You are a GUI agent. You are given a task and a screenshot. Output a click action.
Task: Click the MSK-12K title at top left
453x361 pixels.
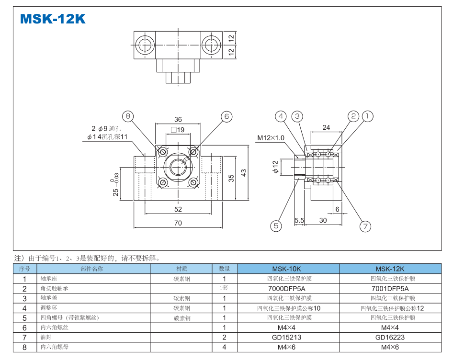coord(53,19)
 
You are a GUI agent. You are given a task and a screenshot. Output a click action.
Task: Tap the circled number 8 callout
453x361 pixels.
coord(128,116)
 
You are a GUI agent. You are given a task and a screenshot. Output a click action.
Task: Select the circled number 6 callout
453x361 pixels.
coord(226,116)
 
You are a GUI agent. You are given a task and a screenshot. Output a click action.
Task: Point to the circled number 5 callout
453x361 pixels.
coord(281,116)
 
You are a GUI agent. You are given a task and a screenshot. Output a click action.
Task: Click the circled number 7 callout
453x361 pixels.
coord(275,226)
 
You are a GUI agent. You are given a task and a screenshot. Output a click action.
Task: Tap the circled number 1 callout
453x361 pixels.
coord(367,116)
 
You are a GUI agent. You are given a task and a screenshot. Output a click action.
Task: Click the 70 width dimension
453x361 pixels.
coord(178,223)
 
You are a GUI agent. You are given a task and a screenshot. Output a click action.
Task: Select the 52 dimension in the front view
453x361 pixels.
coord(178,209)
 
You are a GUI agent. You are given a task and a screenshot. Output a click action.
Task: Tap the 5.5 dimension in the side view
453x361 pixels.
coord(299,220)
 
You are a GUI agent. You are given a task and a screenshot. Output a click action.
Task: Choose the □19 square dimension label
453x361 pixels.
coord(177,130)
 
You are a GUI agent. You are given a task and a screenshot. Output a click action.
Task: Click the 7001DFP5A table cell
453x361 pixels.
coord(390,288)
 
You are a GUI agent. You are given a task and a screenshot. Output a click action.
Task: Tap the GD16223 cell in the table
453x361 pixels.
coord(390,337)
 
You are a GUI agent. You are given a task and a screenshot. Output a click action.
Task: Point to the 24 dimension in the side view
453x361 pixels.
coord(326,127)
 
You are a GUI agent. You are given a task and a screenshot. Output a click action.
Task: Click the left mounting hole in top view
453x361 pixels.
coord(144,45)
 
